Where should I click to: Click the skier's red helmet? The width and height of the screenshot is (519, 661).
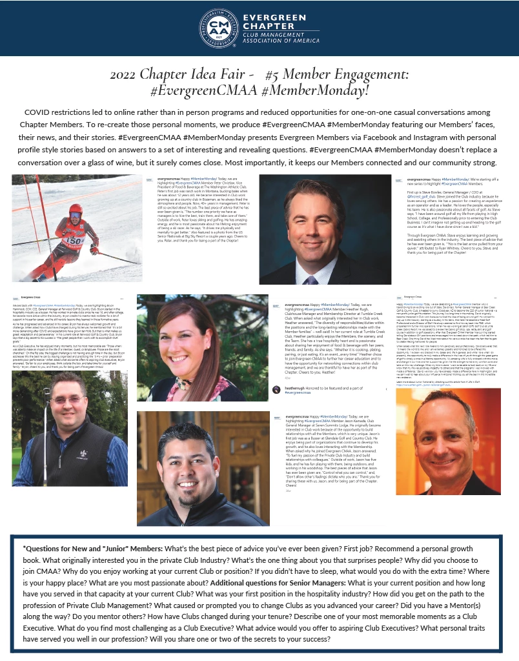click(x=76, y=210)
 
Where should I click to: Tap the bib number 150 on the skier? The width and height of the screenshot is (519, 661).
click(x=72, y=239)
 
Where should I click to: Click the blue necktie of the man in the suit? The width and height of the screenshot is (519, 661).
click(x=312, y=274)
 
